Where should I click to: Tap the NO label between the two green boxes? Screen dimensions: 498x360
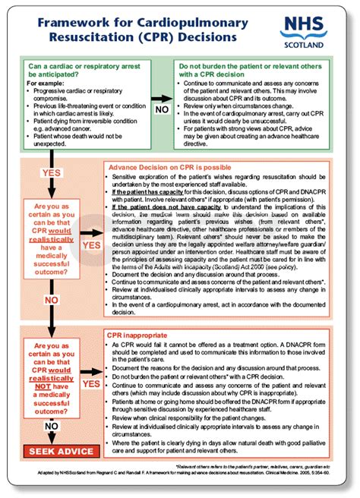click(162, 109)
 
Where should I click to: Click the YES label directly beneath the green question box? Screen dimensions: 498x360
click(51, 174)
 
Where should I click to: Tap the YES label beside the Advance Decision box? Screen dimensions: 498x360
click(91, 245)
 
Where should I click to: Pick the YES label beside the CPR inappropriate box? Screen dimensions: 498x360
click(91, 384)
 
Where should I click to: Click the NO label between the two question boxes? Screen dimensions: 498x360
click(52, 300)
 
